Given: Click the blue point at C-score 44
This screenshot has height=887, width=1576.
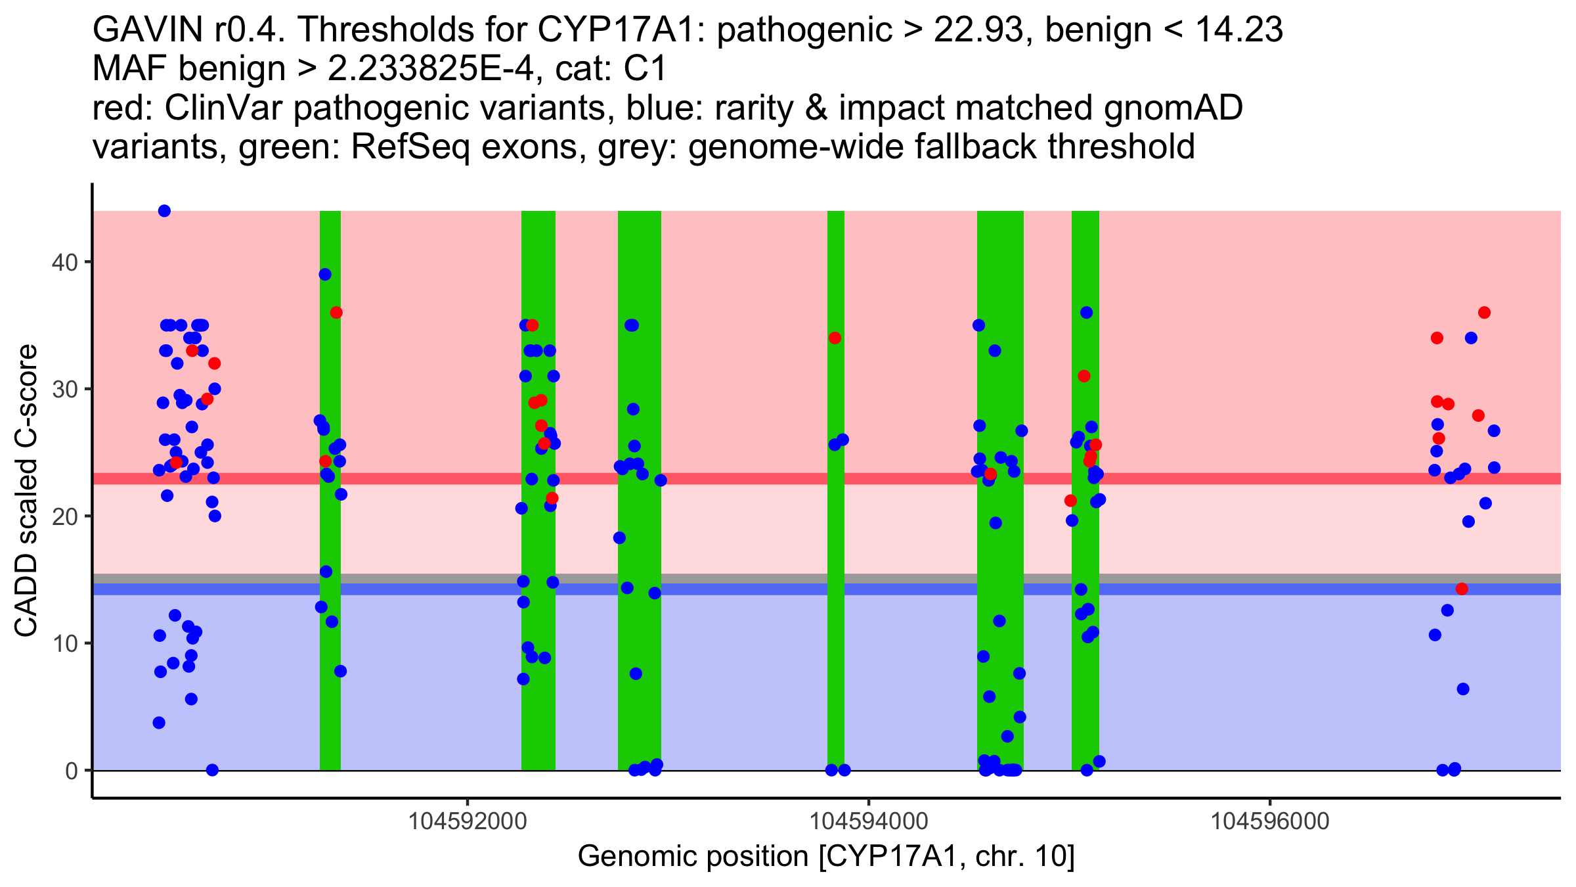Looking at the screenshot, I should coord(164,211).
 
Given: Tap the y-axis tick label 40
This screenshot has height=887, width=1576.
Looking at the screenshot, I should coord(64,262).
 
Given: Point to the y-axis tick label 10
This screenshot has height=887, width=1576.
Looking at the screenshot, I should coord(64,643).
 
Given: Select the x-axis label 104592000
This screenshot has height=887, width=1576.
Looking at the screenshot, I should coord(468,821).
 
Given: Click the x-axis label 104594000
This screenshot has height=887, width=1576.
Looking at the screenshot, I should coord(869,821).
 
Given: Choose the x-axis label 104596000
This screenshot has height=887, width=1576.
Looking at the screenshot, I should coord(1270,821).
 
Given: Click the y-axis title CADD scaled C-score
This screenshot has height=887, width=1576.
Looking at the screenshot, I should coord(26,491).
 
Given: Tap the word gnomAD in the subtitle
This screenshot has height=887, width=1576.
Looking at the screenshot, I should coord(1173,108).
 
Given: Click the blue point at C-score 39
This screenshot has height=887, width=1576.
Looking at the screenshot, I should coord(325,275).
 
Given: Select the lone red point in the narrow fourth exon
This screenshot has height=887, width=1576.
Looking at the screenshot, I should coord(835,338).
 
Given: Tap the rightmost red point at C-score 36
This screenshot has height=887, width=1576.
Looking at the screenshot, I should coord(1484,313).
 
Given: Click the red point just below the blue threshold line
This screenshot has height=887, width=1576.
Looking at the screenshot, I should coord(1462,589).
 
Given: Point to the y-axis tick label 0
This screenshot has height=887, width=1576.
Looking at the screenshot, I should coord(71,771).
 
